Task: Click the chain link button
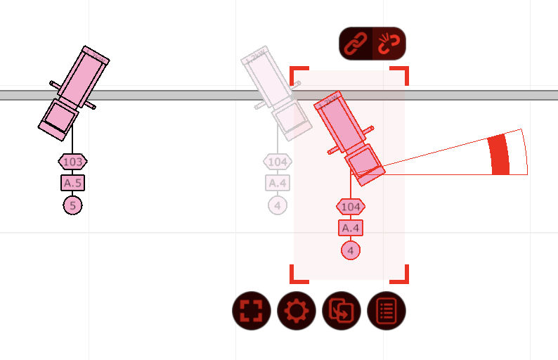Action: pyautogui.click(x=356, y=43)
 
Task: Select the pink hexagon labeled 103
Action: pyautogui.click(x=72, y=162)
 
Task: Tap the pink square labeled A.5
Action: pyautogui.click(x=72, y=184)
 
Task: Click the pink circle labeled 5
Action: pyautogui.click(x=72, y=205)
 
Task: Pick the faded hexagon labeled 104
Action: pyautogui.click(x=278, y=162)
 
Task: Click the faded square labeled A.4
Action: pyautogui.click(x=278, y=184)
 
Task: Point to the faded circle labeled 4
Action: pyautogui.click(x=278, y=205)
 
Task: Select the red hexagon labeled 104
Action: pyautogui.click(x=351, y=207)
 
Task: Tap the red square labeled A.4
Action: pyautogui.click(x=351, y=229)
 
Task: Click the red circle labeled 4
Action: pyautogui.click(x=351, y=250)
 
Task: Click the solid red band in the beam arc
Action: pyautogui.click(x=499, y=154)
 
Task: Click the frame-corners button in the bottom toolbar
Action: pyautogui.click(x=252, y=311)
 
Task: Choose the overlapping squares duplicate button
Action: pyautogui.click(x=342, y=311)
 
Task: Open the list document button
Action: pyautogui.click(x=387, y=311)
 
